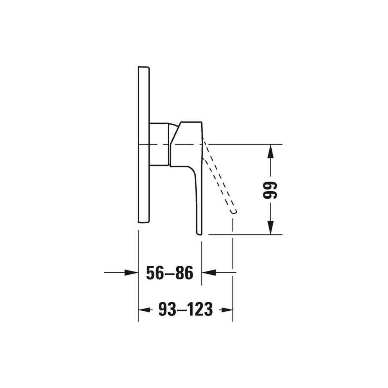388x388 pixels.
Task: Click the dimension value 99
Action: tap(270, 190)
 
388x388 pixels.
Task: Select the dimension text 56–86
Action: tap(170, 273)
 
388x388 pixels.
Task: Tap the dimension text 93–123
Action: tap(185, 309)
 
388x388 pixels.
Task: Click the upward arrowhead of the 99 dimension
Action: tap(271, 151)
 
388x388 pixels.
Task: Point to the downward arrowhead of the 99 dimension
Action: tap(271, 227)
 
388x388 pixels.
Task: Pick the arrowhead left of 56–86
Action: tap(131, 272)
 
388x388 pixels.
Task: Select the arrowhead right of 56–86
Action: tap(209, 272)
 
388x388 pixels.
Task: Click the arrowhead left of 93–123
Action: tap(145, 310)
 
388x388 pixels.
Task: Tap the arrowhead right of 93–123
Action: tap(226, 310)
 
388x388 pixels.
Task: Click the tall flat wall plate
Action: tap(144, 144)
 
